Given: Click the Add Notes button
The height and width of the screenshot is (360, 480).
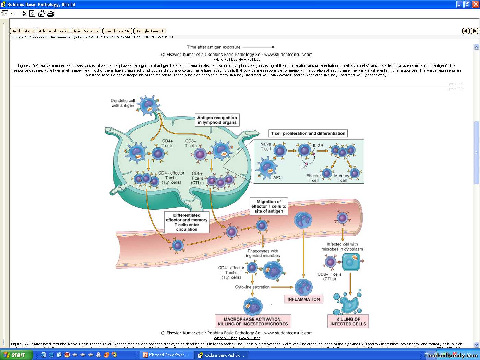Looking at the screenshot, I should [x=22, y=31].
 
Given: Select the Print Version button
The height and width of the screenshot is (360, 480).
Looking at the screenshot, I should [x=86, y=31].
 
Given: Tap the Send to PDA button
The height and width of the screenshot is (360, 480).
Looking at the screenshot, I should [x=117, y=31].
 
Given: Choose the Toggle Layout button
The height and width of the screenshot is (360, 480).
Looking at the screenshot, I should [x=150, y=31].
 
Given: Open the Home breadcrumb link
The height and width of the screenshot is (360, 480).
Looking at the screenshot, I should [x=15, y=37].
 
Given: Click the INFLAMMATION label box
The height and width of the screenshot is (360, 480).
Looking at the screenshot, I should [x=303, y=299].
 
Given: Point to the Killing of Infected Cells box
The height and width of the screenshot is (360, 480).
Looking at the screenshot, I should [x=348, y=322].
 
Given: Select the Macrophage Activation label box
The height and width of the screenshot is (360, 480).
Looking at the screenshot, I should [x=253, y=322].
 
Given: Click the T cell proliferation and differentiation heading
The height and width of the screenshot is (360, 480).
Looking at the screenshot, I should [x=308, y=133].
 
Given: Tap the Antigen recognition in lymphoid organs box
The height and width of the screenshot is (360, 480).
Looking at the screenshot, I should [x=217, y=120].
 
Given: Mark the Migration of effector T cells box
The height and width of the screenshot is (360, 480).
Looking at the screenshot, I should [x=269, y=206].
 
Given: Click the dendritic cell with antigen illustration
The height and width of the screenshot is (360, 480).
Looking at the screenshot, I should [x=148, y=105].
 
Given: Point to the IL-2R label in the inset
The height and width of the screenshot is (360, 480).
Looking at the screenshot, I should [x=318, y=146].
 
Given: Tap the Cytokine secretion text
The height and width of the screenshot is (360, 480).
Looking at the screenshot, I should [x=252, y=287].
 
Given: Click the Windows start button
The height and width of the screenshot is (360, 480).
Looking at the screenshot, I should [x=16, y=355].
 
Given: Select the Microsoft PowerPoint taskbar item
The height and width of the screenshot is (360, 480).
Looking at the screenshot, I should [x=167, y=355].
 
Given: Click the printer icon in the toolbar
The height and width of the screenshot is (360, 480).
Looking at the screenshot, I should [x=51, y=14].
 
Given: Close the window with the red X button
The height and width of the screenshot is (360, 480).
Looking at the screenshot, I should [x=475, y=4].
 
